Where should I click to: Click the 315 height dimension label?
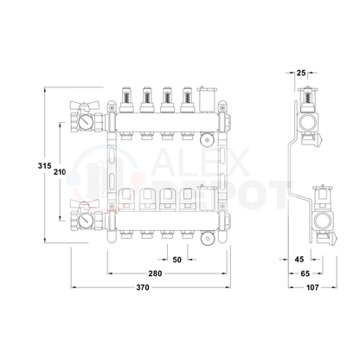pyautogui.click(x=45, y=166)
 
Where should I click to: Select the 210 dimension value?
pyautogui.click(x=60, y=172)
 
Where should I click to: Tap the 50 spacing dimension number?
pyautogui.click(x=177, y=260)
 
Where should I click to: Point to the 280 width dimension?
pyautogui.click(x=155, y=273)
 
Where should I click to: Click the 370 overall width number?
pyautogui.click(x=143, y=287)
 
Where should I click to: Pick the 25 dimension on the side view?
pyautogui.click(x=301, y=73)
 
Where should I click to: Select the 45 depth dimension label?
pyautogui.click(x=299, y=260)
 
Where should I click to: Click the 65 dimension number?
pyautogui.click(x=305, y=273)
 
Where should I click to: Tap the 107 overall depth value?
pyautogui.click(x=312, y=287)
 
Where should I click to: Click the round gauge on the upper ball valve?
pyautogui.click(x=86, y=122)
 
